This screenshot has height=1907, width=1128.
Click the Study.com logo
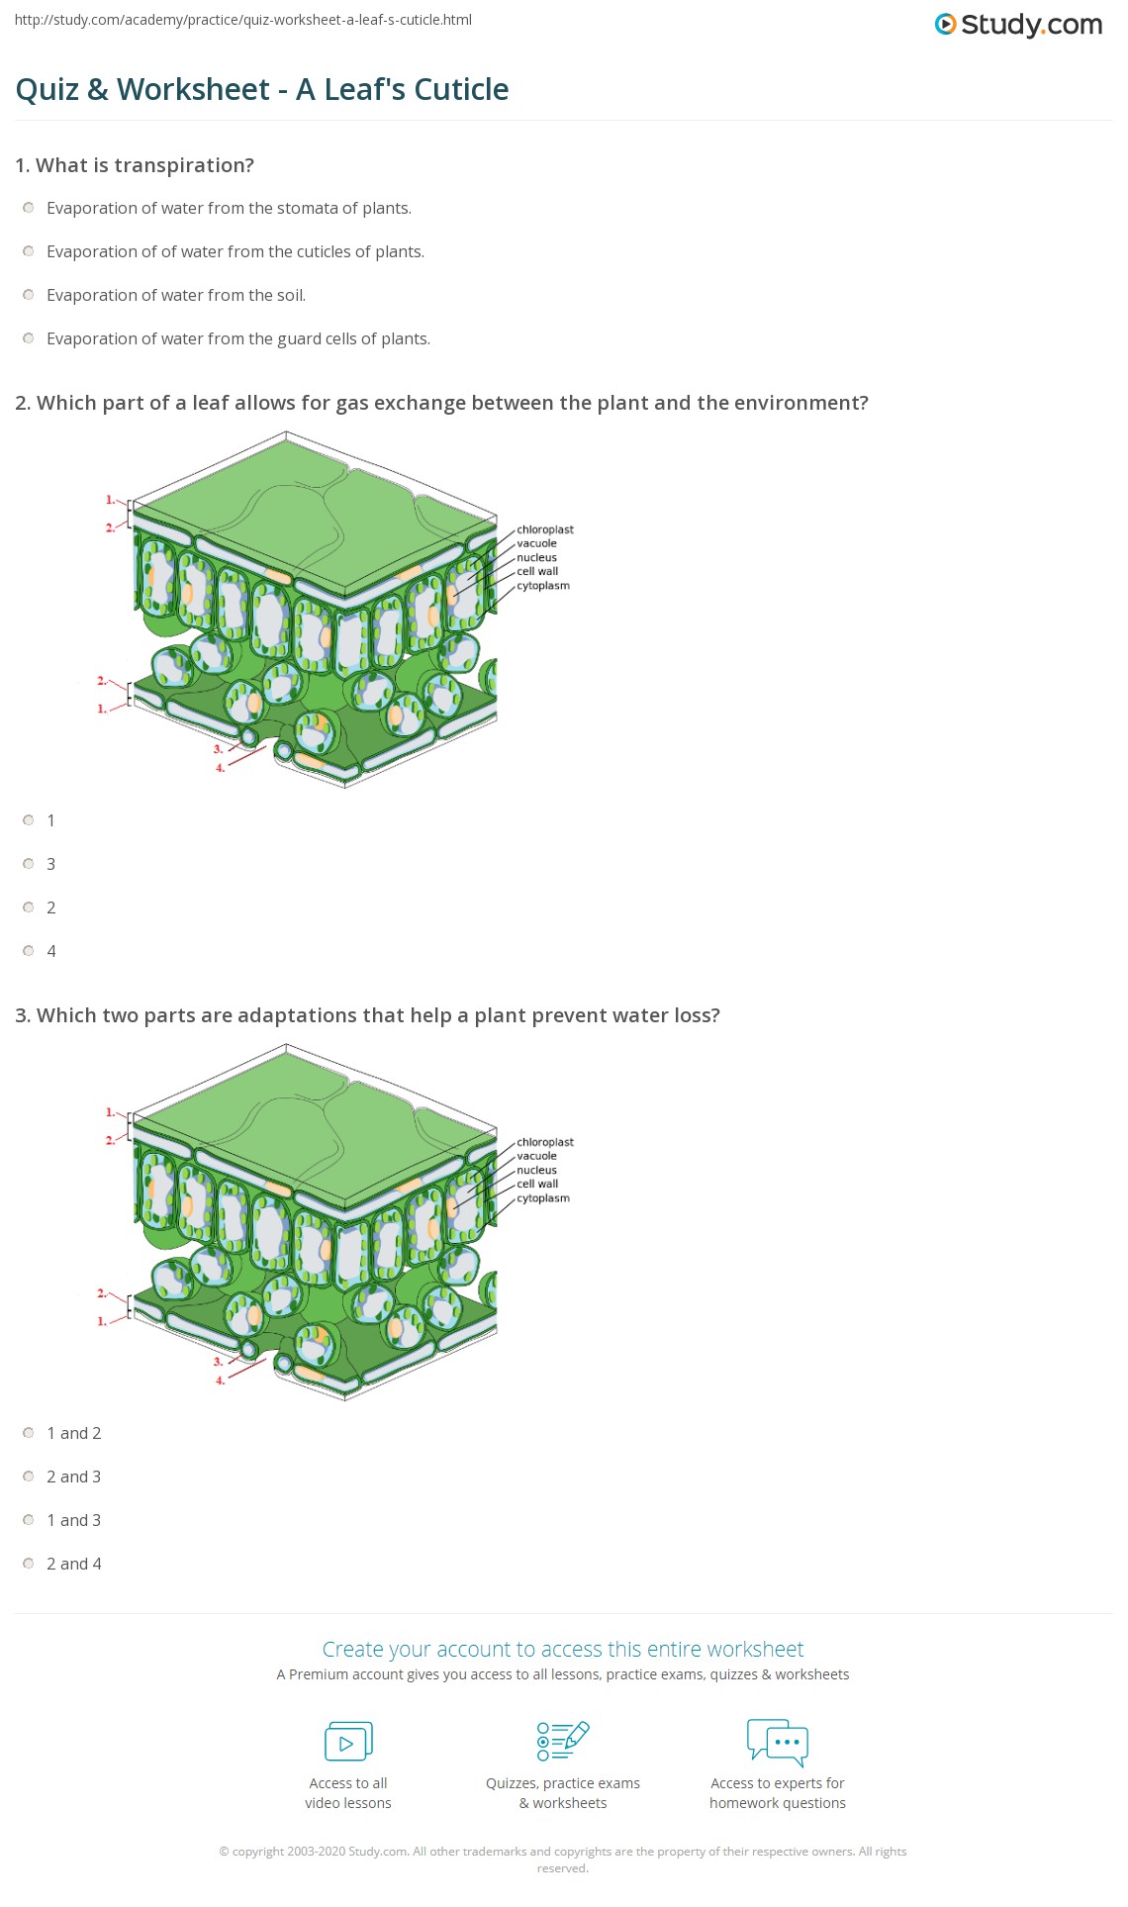[1018, 24]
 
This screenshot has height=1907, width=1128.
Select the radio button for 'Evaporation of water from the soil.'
[29, 295]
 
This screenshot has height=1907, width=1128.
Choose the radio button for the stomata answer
[29, 208]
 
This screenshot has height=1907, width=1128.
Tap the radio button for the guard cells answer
[29, 338]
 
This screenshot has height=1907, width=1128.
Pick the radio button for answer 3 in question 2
[29, 864]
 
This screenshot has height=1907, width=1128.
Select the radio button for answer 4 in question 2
[29, 951]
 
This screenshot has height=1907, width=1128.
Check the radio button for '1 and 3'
[29, 1520]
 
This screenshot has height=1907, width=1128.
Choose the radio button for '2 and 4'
[29, 1564]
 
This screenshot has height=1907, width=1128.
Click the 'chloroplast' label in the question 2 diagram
[545, 529]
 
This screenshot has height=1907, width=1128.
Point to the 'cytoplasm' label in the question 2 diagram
[543, 586]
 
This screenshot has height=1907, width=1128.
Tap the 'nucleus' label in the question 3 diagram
[536, 1170]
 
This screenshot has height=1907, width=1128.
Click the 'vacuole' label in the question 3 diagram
[536, 1156]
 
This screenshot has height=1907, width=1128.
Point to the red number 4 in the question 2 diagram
[220, 768]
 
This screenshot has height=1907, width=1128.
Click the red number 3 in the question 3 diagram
[218, 1362]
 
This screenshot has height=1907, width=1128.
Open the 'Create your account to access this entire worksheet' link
[563, 1649]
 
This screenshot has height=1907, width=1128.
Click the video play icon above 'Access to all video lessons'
[348, 1742]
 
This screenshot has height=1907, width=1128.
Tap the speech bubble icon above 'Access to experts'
[778, 1743]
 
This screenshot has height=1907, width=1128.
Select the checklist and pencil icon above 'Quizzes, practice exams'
[563, 1742]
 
